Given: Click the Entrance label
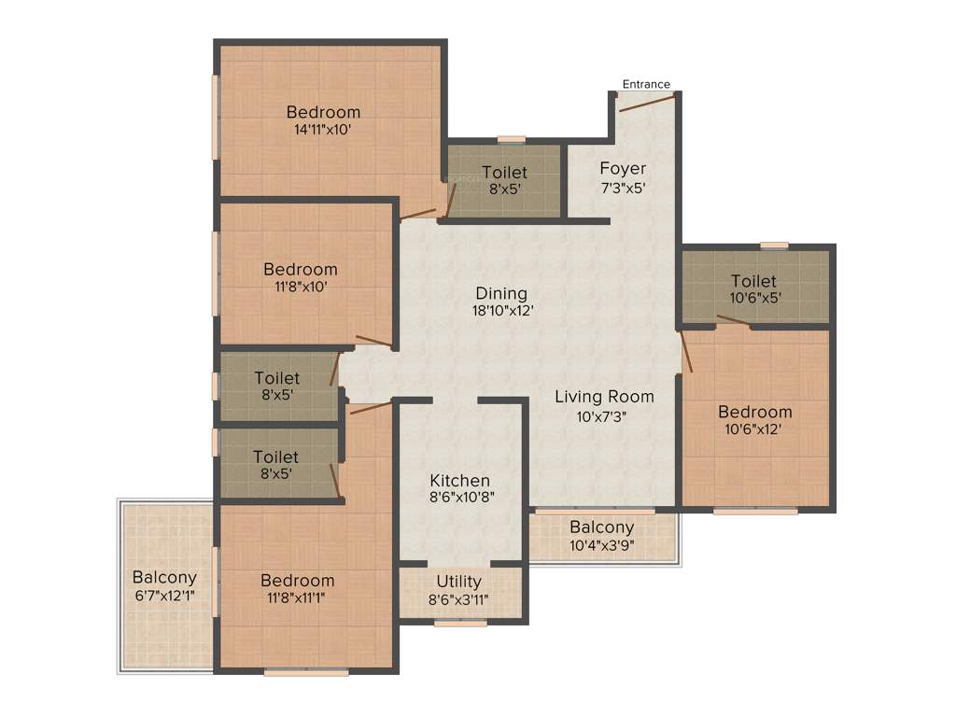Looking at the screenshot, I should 646,84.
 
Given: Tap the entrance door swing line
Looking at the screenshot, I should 644,102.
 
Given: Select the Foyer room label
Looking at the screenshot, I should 623,169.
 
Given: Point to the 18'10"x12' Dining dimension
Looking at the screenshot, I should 503,311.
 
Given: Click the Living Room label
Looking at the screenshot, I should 604,397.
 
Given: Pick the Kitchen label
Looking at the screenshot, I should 459,481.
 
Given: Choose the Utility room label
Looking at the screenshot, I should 459,582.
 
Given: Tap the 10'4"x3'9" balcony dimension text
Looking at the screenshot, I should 602,545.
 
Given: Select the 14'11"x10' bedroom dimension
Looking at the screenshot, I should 323,130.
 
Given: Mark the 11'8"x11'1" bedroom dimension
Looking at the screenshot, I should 298,597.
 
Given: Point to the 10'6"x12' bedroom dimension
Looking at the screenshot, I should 754,429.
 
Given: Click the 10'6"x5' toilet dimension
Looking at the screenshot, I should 753,299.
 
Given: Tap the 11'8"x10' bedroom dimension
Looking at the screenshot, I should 300,287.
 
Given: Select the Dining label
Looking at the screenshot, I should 501,293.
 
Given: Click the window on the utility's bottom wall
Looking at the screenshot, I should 459,623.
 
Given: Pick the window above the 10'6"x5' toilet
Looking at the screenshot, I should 774,246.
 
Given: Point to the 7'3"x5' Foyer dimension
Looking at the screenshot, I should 623,187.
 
